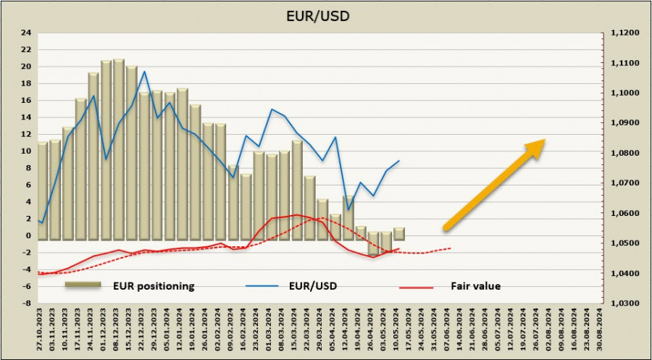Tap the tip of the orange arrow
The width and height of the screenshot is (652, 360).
544,141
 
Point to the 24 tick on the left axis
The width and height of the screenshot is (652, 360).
27,33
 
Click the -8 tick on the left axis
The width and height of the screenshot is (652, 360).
27,304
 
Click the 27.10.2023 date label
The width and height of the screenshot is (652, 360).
42,332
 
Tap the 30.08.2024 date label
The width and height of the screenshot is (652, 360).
598,332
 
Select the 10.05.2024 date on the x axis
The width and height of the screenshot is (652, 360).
398,332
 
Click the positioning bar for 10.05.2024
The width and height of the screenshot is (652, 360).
399,233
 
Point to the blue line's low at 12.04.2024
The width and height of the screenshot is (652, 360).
348,210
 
